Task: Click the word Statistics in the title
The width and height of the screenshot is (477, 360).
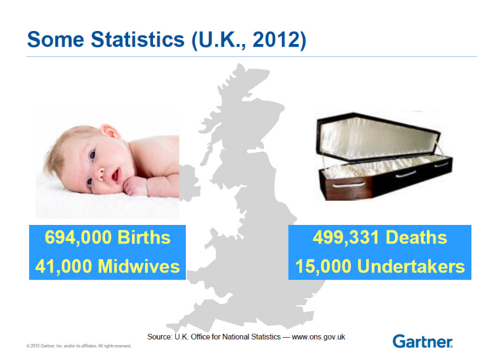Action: coord(138,39)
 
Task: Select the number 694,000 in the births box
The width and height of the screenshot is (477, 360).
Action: coord(78,238)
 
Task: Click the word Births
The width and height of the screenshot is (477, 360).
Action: coord(144,237)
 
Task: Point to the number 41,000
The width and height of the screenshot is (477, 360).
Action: coord(64,266)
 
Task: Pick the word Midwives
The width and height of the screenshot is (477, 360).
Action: coord(139,266)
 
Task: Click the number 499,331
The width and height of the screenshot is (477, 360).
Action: coord(346,238)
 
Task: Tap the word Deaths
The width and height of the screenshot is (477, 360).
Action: coord(416,237)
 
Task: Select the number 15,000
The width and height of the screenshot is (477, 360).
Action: coord(323,266)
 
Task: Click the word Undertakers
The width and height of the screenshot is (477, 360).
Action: coord(411,266)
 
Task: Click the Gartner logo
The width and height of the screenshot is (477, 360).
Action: coord(422,341)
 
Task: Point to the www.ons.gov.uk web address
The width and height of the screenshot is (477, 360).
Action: coord(318,337)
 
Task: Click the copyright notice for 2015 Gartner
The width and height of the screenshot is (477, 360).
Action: coord(79,346)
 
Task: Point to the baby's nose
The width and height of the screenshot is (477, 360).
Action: coord(99,173)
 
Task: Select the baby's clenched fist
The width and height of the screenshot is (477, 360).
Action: coord(136,187)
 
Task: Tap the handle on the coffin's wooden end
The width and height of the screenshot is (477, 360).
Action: coord(349,185)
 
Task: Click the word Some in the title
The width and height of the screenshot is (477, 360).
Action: coord(56,39)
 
